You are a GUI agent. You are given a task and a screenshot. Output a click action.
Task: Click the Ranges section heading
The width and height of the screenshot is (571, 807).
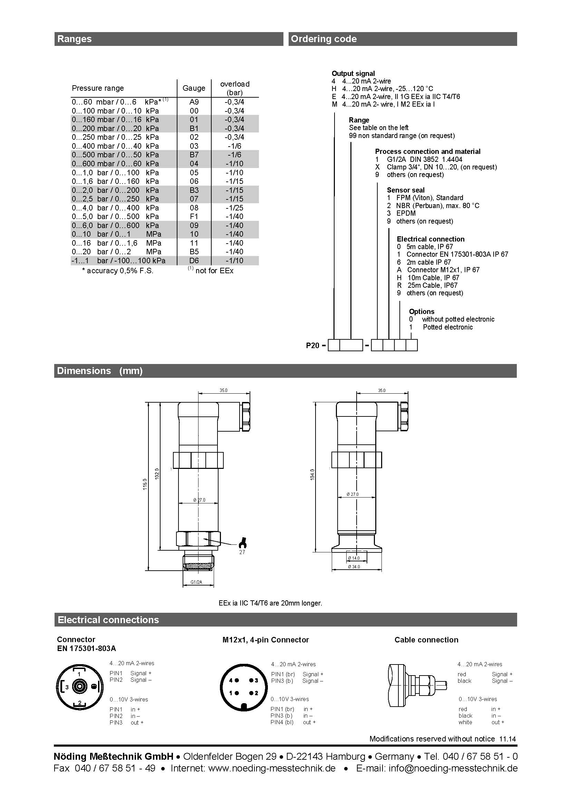pos(74,39)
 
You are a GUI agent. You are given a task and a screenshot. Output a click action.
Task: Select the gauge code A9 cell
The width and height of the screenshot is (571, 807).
pos(194,102)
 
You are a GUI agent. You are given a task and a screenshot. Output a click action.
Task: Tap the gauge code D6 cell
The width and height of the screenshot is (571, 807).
pos(194,260)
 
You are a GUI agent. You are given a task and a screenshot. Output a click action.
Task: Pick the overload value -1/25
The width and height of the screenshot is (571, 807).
pos(234,208)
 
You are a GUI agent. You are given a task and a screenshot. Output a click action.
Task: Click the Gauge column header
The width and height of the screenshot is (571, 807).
pos(194,88)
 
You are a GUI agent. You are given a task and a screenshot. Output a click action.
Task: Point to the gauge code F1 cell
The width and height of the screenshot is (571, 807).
pos(194,217)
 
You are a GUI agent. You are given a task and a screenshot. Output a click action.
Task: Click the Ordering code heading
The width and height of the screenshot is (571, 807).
pos(323,39)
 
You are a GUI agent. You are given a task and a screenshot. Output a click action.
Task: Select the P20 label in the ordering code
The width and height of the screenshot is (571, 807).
pos(312,345)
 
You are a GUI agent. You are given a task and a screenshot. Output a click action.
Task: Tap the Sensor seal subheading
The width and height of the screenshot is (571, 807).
pos(406,190)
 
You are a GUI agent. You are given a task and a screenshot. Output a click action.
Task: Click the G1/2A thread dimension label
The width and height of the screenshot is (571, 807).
pos(196,582)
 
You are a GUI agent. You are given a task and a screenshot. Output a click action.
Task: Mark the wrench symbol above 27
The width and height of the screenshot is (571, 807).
pos(242,543)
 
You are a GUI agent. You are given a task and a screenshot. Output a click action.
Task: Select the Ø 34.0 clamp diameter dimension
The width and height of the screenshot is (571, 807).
pos(354,567)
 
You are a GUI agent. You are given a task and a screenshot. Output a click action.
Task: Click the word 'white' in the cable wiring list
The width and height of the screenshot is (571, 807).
pos(465,722)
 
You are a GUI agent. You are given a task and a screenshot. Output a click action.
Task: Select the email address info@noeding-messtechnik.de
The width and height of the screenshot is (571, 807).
pos(453,768)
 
